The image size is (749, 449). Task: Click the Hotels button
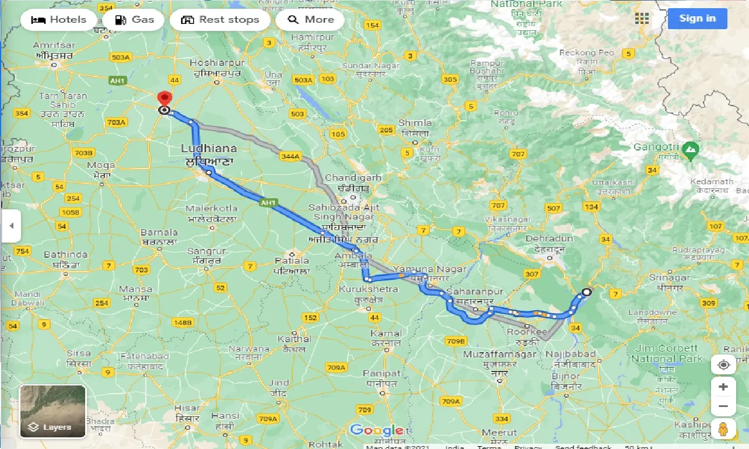coord(58,20)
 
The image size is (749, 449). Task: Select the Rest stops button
coord(219,20)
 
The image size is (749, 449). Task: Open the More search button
coord(310,20)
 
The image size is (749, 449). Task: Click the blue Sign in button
coord(697,19)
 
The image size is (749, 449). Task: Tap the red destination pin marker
coord(165,100)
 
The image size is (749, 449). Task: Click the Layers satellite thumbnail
coord(52,411)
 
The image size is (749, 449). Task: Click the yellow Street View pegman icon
coord(723,429)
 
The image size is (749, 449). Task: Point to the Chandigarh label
coord(353,178)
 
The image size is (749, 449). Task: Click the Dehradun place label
coord(549,238)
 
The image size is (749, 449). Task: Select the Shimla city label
coord(415,123)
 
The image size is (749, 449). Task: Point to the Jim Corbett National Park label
coord(667,353)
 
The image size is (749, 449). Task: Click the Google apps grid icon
coord(642,19)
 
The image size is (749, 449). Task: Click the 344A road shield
coord(289,156)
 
